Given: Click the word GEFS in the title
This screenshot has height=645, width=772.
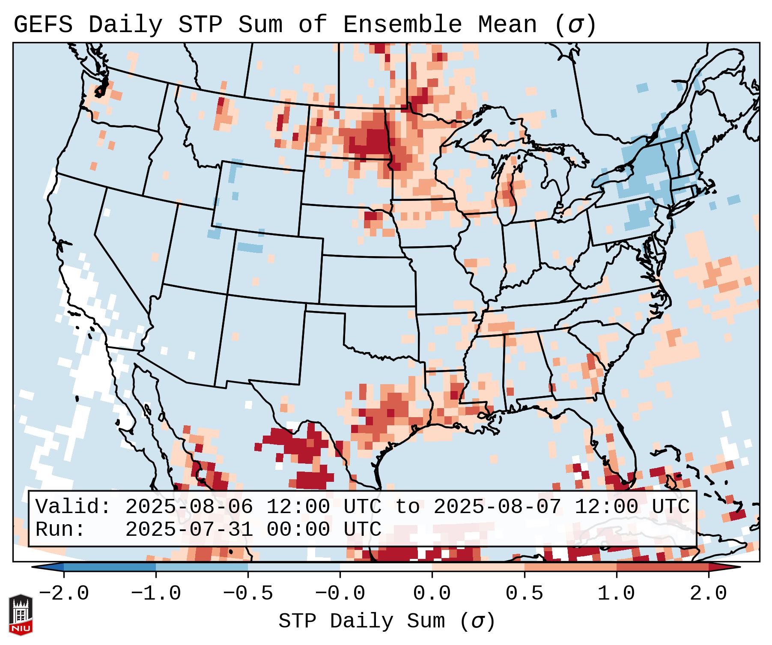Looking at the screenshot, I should click(43, 25).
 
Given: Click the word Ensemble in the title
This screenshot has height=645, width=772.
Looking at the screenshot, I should click(402, 25).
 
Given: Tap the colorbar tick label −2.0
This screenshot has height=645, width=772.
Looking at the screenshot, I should click(64, 594).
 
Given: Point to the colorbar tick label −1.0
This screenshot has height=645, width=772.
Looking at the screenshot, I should click(156, 594).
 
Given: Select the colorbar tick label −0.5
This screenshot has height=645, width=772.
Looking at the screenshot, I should click(248, 594).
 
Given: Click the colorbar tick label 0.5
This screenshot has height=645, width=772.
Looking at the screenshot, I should click(524, 594).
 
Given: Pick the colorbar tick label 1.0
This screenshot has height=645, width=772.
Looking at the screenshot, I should click(616, 594).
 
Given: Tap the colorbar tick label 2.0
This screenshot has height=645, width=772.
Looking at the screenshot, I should click(708, 594).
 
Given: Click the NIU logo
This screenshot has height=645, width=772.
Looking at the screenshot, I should click(21, 615).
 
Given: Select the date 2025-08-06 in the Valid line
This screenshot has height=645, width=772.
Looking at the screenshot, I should click(189, 507).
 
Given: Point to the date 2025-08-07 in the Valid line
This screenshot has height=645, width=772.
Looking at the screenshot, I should click(497, 507).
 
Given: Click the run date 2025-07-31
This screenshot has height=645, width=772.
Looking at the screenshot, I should click(189, 530).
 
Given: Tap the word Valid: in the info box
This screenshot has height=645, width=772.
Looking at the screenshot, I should click(73, 507).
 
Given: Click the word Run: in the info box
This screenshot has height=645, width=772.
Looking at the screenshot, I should click(60, 530).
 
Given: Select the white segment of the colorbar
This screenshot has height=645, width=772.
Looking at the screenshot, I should click(386, 567).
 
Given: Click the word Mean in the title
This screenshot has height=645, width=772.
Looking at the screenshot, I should click(507, 25).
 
